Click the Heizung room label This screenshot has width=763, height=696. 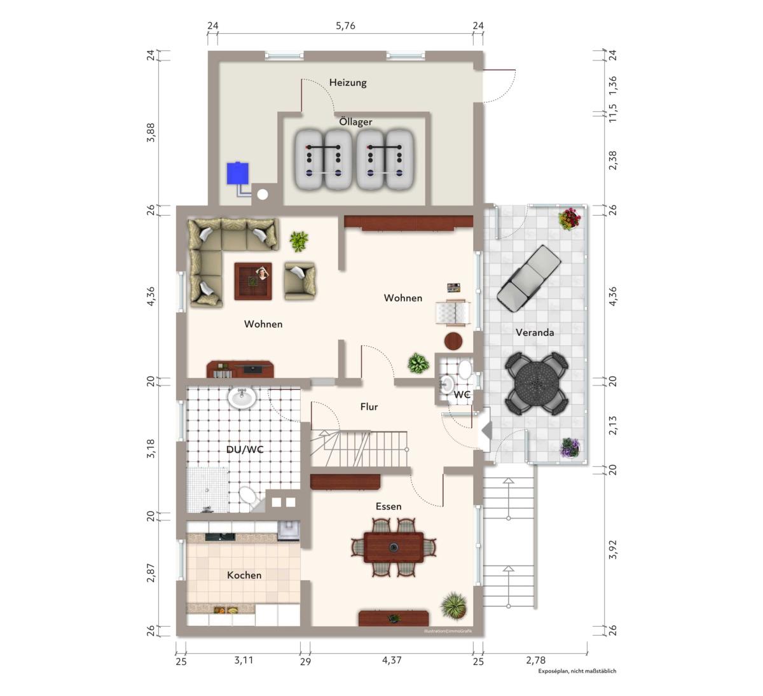coord(348,83)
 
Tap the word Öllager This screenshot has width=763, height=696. coord(355,122)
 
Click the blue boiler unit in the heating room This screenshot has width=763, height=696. coord(238,174)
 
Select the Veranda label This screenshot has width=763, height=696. coord(534,332)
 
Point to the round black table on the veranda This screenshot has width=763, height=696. coord(537,383)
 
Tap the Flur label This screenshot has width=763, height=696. coord(369,407)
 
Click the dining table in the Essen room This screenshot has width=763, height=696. coord(394,548)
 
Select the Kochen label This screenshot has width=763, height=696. coord(244,575)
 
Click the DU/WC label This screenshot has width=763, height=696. coord(245,450)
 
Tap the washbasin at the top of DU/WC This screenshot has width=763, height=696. coord(242,398)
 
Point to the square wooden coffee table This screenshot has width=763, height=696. coord(253,281)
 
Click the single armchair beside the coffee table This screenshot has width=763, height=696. coord(299,281)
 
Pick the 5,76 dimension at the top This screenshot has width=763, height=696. coord(345,26)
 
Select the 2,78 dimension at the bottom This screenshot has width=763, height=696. coord(535,660)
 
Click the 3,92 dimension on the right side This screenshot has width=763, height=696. coord(613,550)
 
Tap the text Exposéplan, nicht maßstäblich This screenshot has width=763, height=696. coord(577,671)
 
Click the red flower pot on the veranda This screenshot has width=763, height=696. coord(570,219)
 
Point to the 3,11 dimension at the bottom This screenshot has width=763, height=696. coord(244,660)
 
